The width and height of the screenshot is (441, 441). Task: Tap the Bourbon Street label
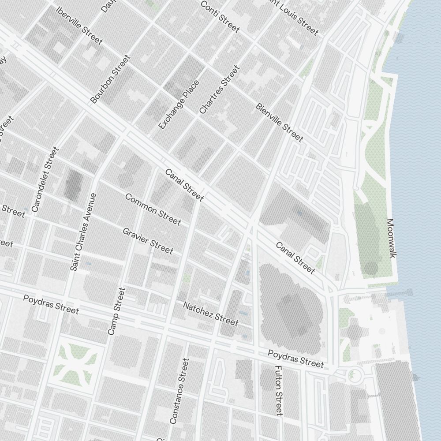(110, 79)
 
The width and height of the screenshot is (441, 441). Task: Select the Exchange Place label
(178, 105)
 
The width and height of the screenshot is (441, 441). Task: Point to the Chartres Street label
(219, 90)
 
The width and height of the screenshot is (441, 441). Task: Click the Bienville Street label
(279, 123)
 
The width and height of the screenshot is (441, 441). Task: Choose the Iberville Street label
(80, 25)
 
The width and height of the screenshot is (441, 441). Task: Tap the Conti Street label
(220, 16)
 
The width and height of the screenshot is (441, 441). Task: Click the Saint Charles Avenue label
(83, 232)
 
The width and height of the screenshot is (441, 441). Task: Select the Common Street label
(153, 209)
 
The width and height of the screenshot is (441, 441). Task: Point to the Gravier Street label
(148, 241)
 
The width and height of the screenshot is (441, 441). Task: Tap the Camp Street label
(116, 311)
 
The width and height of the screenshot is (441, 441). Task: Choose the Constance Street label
(179, 391)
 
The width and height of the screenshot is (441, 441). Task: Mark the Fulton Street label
(278, 390)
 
